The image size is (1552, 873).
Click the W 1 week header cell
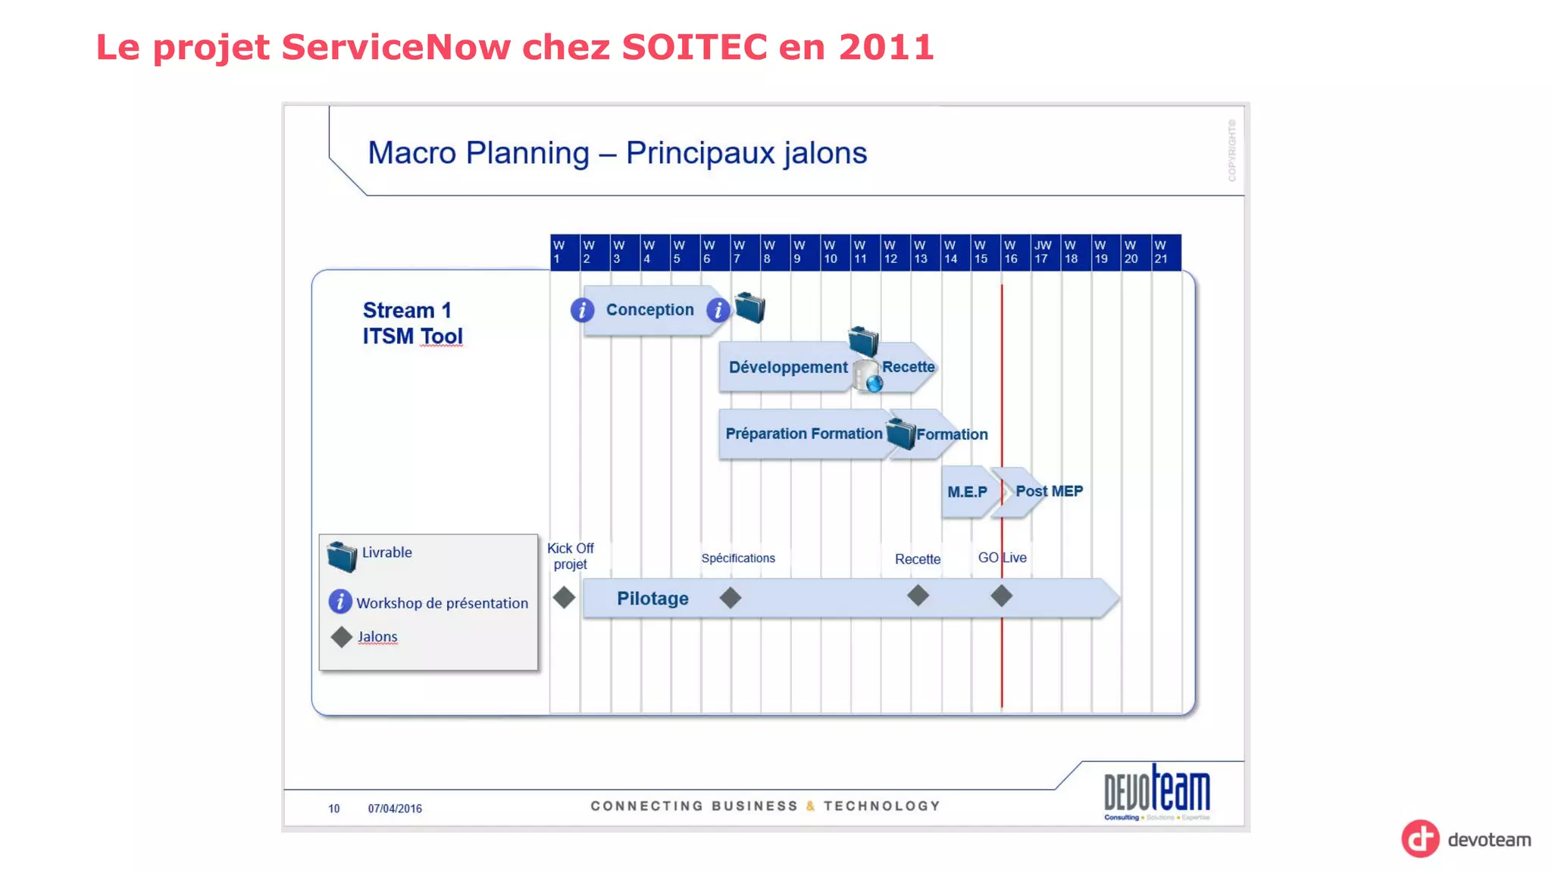pos(565,252)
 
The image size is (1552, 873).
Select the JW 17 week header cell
pos(1044,252)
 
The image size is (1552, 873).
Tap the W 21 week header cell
pos(1165,252)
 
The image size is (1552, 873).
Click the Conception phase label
pos(649,310)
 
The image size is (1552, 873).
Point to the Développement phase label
pos(787,368)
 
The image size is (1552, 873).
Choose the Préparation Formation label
pos(803,433)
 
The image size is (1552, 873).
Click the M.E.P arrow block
pos(967,492)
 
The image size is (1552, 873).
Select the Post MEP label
pos(1049,491)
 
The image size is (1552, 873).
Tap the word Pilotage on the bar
pos(652,599)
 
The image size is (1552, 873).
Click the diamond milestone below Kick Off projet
pos(564,597)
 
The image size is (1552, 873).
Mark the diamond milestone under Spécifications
pos(730,598)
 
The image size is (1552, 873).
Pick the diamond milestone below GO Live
pos(1001,596)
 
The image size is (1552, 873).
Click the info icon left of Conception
pos(582,310)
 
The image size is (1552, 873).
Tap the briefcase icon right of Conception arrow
pos(749,308)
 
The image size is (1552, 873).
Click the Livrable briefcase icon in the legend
pos(342,557)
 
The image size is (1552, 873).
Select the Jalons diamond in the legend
pos(342,637)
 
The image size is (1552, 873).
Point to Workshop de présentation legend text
pos(442,603)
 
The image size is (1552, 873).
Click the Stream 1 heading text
pos(407,311)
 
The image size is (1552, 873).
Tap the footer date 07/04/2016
pos(395,809)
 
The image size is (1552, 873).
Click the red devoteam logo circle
pos(1420,839)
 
